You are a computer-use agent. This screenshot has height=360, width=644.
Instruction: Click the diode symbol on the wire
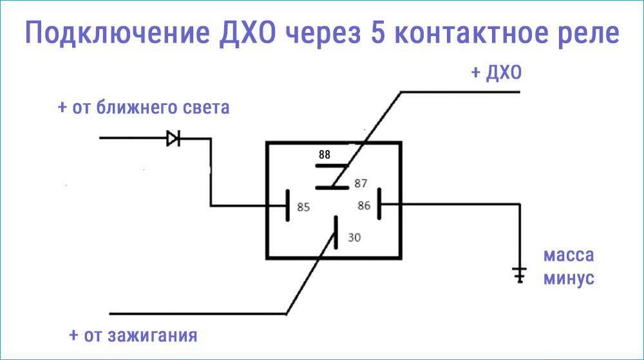[x=173, y=138]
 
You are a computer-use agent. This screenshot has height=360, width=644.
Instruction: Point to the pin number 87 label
[x=360, y=184]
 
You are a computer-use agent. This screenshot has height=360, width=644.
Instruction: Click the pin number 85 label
[x=303, y=207]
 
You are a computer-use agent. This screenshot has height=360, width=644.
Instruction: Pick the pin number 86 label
[x=364, y=206]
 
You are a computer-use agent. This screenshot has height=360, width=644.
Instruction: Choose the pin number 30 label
[x=354, y=237]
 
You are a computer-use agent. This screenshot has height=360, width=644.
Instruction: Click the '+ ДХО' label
[x=496, y=73]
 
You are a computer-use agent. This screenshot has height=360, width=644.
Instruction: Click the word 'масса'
[x=569, y=255]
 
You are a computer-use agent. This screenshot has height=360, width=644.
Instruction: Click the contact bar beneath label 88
[x=331, y=166]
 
